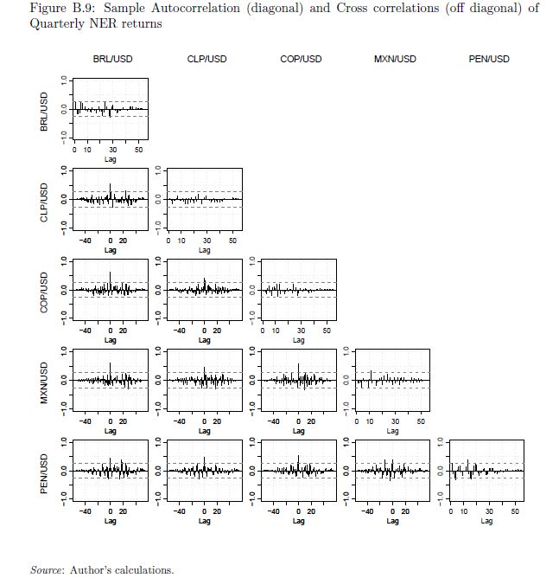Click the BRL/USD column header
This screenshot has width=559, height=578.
pyautogui.click(x=112, y=59)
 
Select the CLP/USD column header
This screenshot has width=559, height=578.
pyautogui.click(x=206, y=59)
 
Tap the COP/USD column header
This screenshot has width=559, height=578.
pyautogui.click(x=301, y=59)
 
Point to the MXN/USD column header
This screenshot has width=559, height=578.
pyautogui.click(x=395, y=59)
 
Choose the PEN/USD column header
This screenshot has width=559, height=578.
pyautogui.click(x=489, y=59)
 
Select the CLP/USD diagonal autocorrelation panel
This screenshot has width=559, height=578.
pyautogui.click(x=204, y=199)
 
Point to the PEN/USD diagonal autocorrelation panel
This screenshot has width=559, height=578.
pyautogui.click(x=486, y=471)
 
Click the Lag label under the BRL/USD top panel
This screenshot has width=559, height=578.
pyautogui.click(x=111, y=159)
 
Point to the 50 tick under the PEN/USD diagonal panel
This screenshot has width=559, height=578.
pyautogui.click(x=515, y=512)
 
